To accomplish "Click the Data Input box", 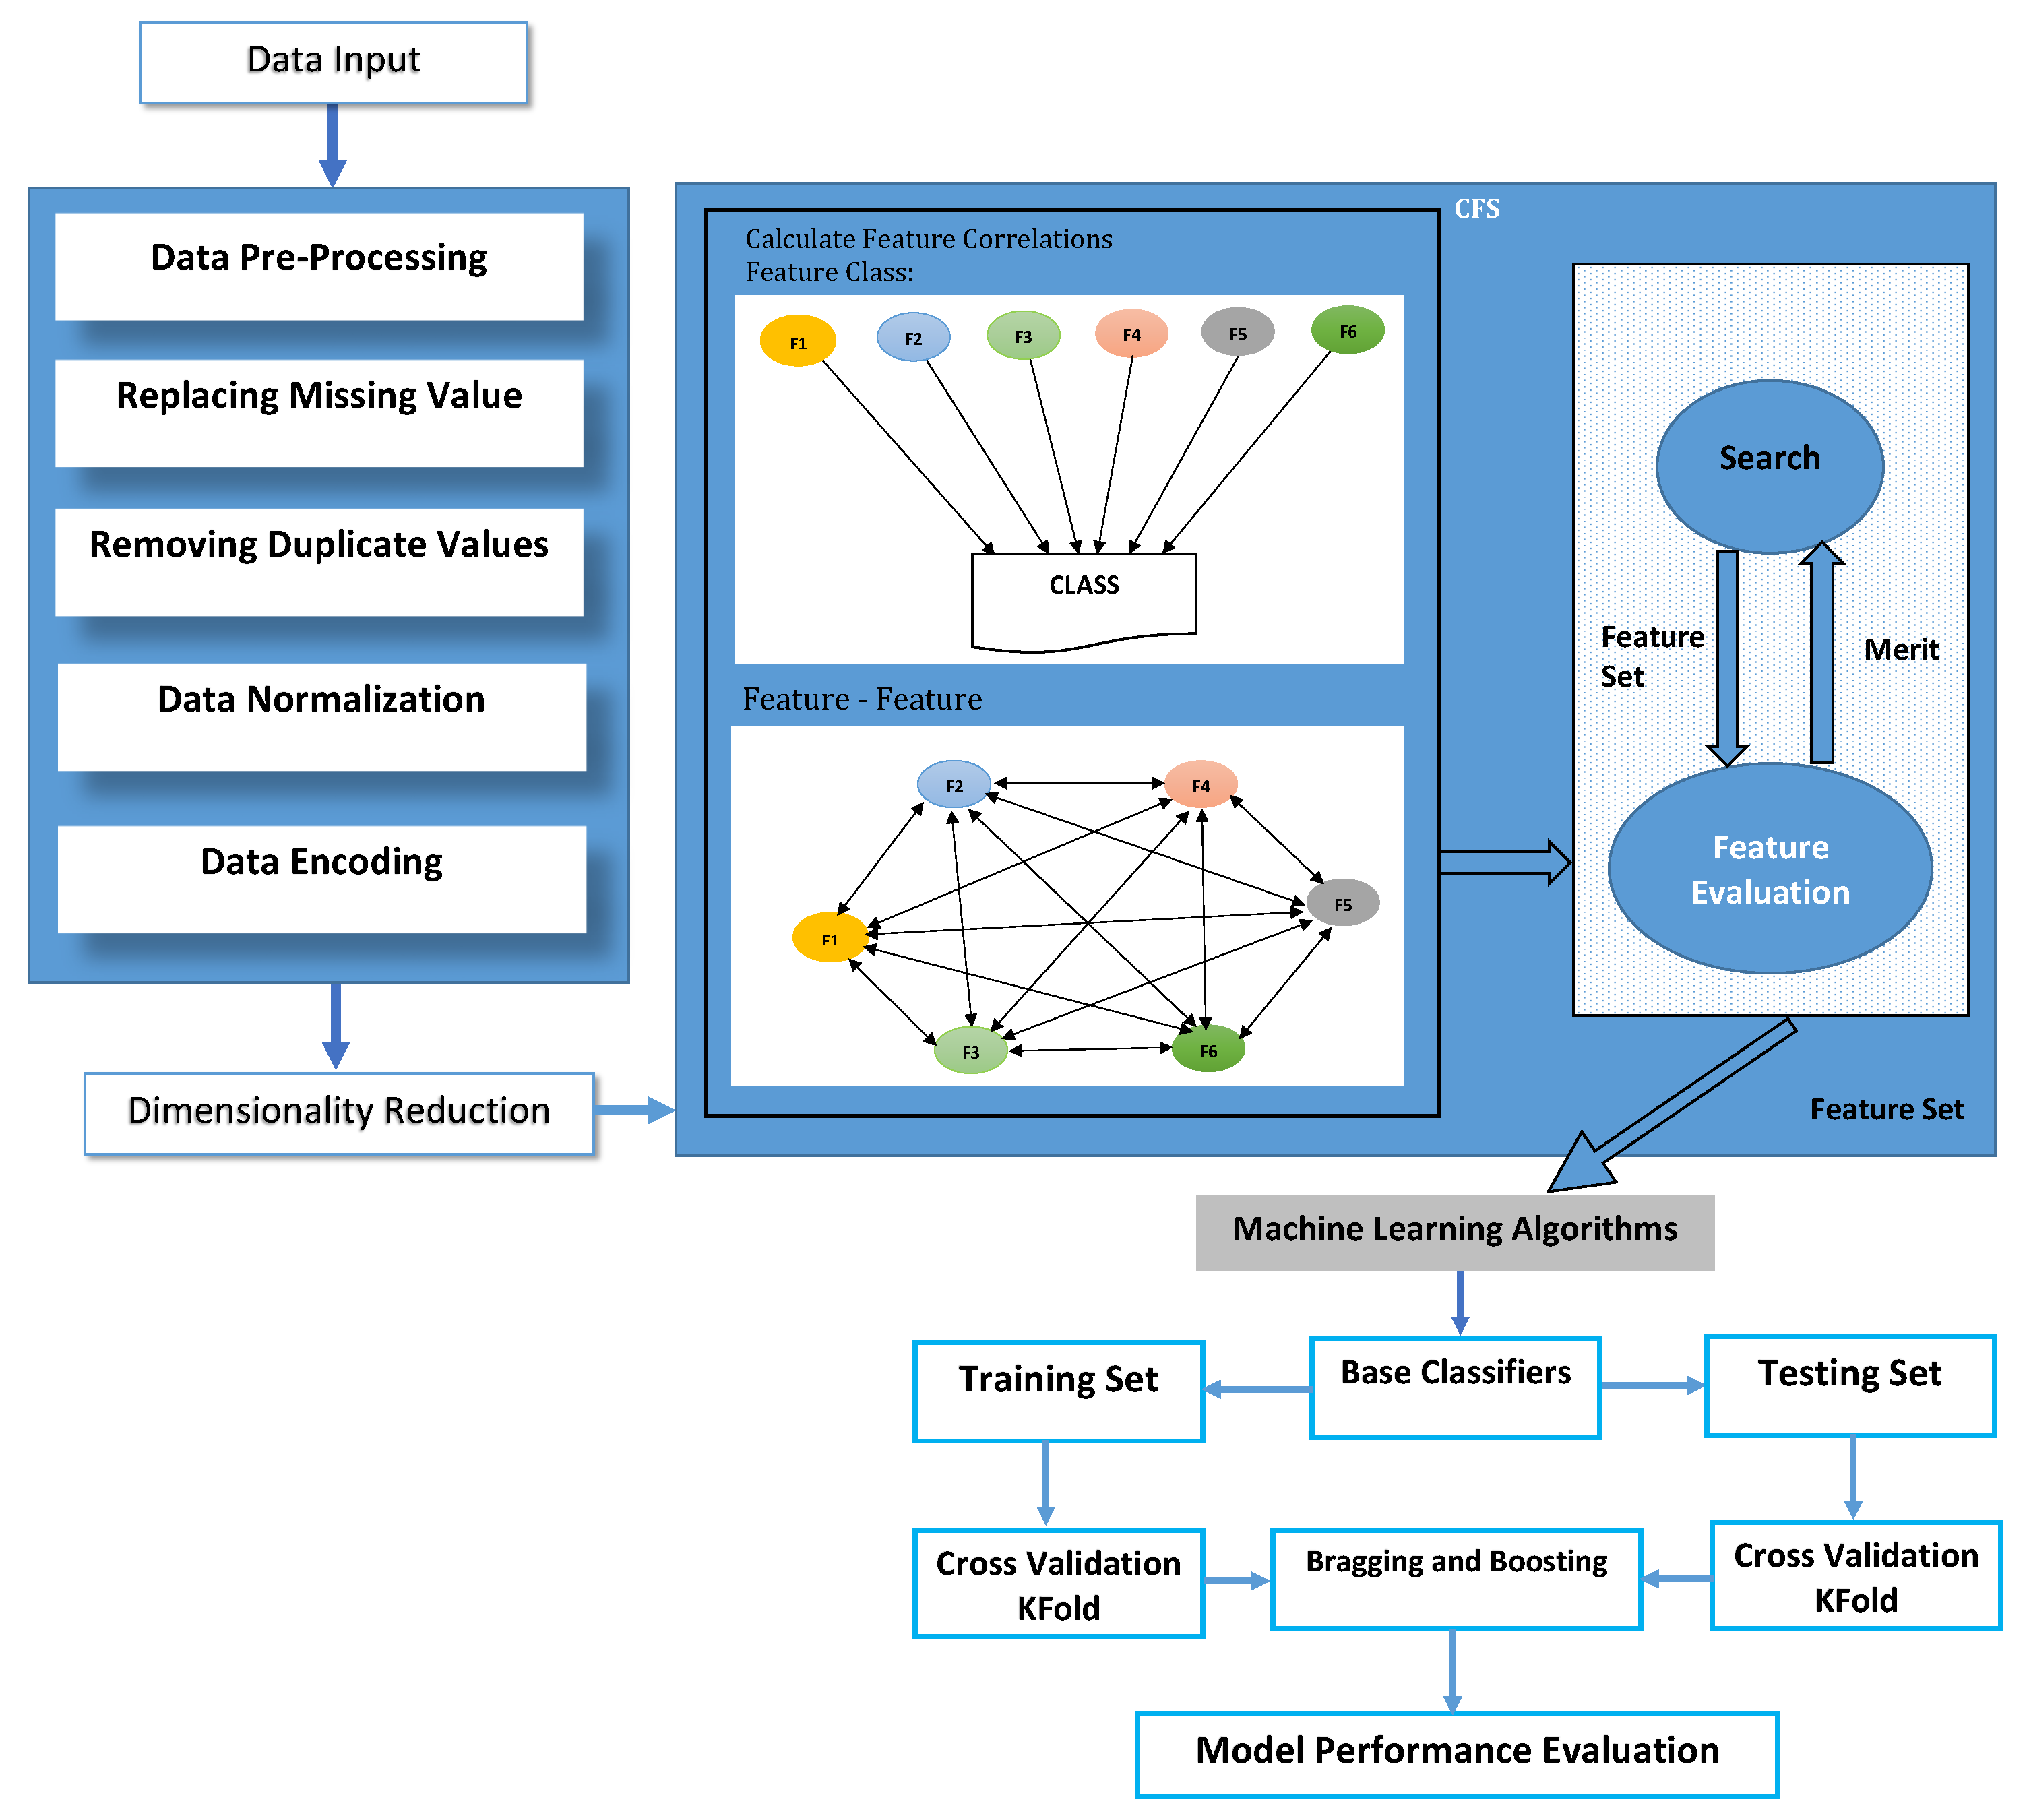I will [x=334, y=62].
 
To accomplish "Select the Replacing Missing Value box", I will [x=319, y=412].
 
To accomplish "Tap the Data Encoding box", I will [x=321, y=878].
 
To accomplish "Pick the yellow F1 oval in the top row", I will [x=797, y=341].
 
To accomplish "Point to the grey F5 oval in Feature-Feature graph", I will [x=1342, y=903].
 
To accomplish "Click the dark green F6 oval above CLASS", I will [x=1347, y=330].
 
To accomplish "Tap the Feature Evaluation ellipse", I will [x=1770, y=868].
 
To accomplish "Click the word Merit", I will [x=1900, y=650].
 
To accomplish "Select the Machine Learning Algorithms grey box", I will [x=1454, y=1231].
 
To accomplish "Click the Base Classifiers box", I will [x=1454, y=1387].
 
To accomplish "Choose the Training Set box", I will [x=1058, y=1391].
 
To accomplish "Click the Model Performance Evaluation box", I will [x=1456, y=1754].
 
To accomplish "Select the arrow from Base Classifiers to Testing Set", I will [x=1652, y=1385].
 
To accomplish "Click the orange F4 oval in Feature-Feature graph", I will [x=1201, y=785].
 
